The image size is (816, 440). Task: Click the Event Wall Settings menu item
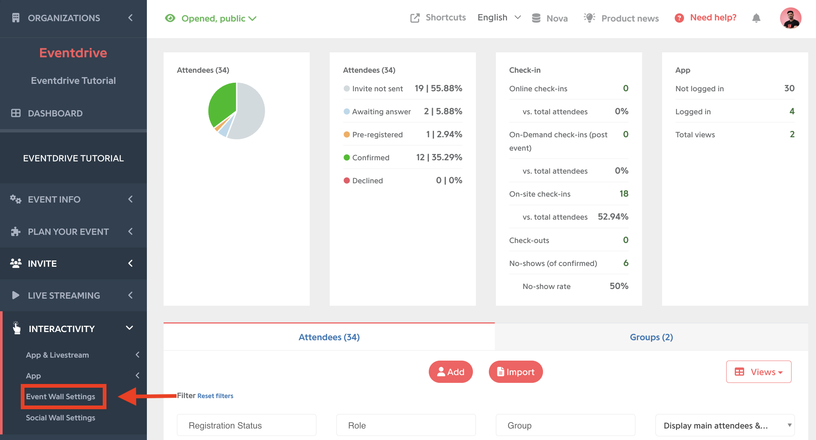60,397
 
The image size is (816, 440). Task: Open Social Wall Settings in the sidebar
60,418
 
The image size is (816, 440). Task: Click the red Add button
451,372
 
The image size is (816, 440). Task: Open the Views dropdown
759,372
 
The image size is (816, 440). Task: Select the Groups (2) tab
651,337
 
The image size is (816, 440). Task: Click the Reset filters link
215,396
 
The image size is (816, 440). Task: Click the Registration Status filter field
247,425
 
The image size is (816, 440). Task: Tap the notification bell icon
756,18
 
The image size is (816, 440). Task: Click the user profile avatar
790,18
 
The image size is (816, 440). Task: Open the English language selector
499,18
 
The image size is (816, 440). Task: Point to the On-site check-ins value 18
624,194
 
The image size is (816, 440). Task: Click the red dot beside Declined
347,181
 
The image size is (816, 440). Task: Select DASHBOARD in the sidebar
55,113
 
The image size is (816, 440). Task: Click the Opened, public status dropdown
211,18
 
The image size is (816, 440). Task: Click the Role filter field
406,425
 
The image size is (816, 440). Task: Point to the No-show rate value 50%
619,286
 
